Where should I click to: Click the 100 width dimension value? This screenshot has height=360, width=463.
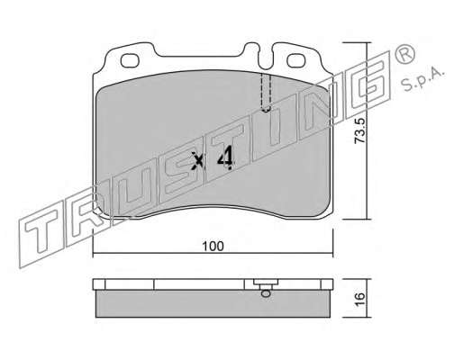point(213,247)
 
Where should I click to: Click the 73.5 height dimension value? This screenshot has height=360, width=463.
point(359,130)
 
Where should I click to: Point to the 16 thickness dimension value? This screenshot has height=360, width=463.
point(359,299)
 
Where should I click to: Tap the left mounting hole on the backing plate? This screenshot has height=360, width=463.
point(130,60)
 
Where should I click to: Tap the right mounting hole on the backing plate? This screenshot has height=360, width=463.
point(296,60)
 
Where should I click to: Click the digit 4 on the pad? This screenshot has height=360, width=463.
point(225,157)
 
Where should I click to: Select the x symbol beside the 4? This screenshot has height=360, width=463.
point(198,160)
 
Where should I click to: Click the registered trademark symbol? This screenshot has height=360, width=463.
point(404,55)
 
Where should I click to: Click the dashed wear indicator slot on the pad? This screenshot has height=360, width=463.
point(266,93)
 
